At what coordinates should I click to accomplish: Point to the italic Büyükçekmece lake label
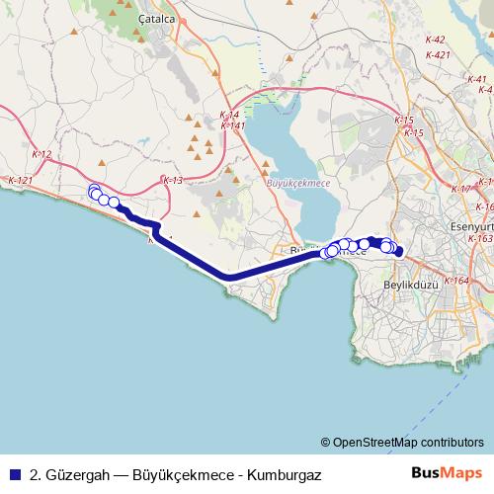pos(298,182)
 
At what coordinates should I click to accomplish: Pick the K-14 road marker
pos(228,116)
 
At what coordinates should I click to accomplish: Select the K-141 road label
pos(232,125)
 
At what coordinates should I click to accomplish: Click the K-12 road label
pos(42,154)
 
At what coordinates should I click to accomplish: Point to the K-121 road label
pos(21,181)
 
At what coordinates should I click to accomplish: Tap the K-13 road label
pos(173,181)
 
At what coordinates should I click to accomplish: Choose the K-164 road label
pos(456,282)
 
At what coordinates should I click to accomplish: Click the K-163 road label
pos(481,238)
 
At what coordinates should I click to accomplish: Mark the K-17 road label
pos(460,189)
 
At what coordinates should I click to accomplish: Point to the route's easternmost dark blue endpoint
pos(398,252)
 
